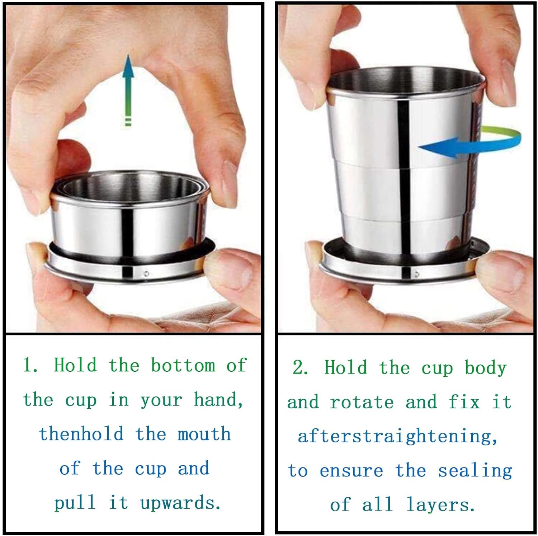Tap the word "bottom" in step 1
(x=183, y=365)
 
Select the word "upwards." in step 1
(x=180, y=503)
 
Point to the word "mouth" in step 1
(x=204, y=434)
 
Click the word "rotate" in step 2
(x=362, y=402)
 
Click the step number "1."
(x=31, y=365)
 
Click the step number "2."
(x=301, y=367)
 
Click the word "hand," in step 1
(x=218, y=400)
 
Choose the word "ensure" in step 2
(x=351, y=471)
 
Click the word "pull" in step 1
(x=75, y=503)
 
